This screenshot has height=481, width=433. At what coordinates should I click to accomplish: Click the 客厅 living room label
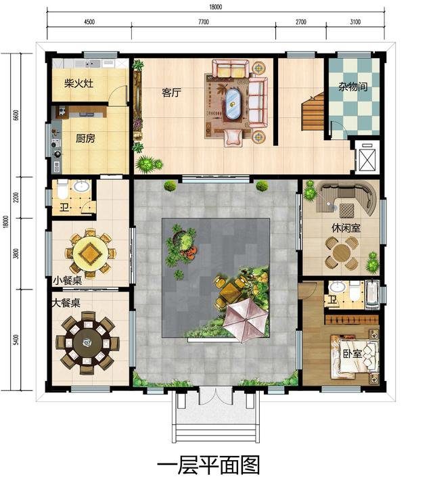172,92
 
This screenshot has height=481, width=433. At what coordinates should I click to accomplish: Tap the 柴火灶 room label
79,83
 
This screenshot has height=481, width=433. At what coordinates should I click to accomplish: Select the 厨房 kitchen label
85,139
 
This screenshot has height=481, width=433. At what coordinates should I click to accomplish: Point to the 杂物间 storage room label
353,87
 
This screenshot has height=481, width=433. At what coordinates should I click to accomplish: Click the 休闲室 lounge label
346,228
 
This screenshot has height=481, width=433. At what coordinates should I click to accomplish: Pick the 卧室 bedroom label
352,353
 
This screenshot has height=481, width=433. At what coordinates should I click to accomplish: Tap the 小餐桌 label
68,280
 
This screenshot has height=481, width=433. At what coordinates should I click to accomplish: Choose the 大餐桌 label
66,303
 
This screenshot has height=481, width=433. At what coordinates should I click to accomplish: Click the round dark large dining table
87,342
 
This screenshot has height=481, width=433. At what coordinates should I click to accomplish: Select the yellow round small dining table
90,254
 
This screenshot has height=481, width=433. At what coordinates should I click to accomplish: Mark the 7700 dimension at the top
204,22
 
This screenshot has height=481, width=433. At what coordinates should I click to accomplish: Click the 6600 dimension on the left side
16,115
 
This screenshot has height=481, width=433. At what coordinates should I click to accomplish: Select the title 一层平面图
208,465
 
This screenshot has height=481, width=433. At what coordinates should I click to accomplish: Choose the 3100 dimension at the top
355,22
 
